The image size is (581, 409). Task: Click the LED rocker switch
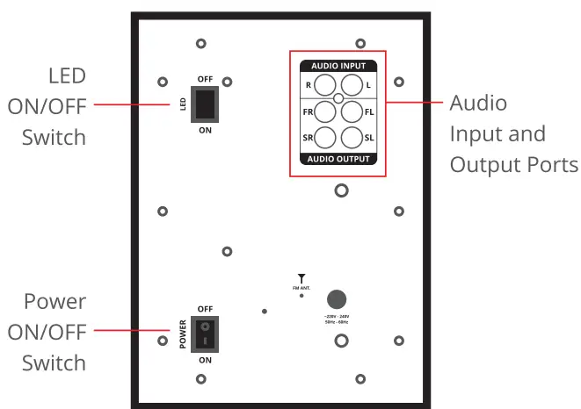(x=205, y=104)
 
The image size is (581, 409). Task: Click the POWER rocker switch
(x=205, y=334)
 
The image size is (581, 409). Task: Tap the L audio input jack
(x=352, y=85)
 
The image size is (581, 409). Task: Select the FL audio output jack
(x=352, y=111)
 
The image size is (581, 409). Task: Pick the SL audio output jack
(x=352, y=138)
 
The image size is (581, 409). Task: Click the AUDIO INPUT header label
(x=338, y=66)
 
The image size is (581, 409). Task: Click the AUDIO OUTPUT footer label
(x=338, y=159)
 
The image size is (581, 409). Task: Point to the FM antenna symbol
(x=301, y=278)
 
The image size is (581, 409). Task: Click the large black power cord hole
(x=337, y=298)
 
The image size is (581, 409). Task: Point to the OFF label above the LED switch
(x=205, y=79)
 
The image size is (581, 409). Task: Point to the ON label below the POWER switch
(x=205, y=360)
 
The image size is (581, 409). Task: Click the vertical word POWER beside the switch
(x=183, y=334)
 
